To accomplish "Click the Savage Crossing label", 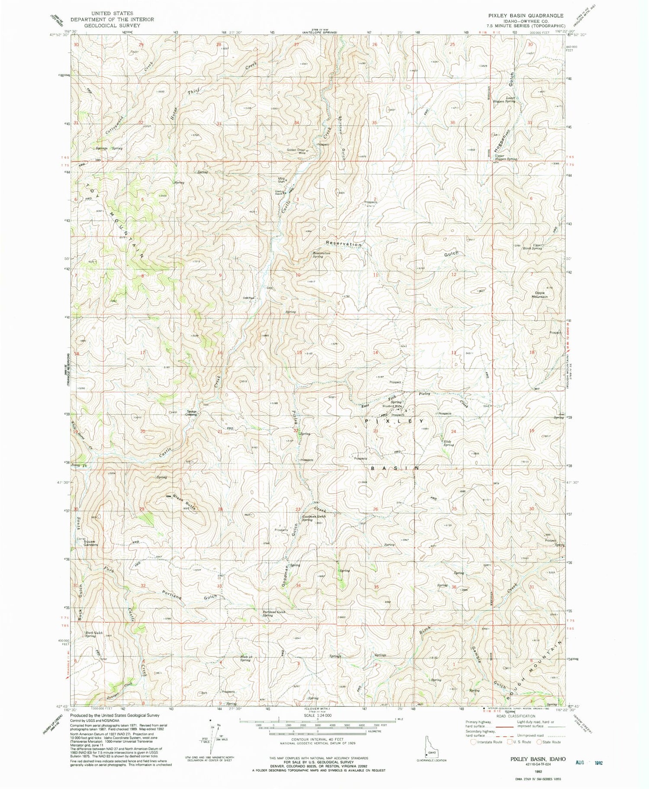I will click(x=192, y=413).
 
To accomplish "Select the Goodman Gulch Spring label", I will click(x=314, y=518).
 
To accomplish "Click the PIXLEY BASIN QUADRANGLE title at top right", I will click(x=526, y=16).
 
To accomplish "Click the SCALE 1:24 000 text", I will click(x=317, y=715).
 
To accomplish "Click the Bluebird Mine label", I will click(x=392, y=406).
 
